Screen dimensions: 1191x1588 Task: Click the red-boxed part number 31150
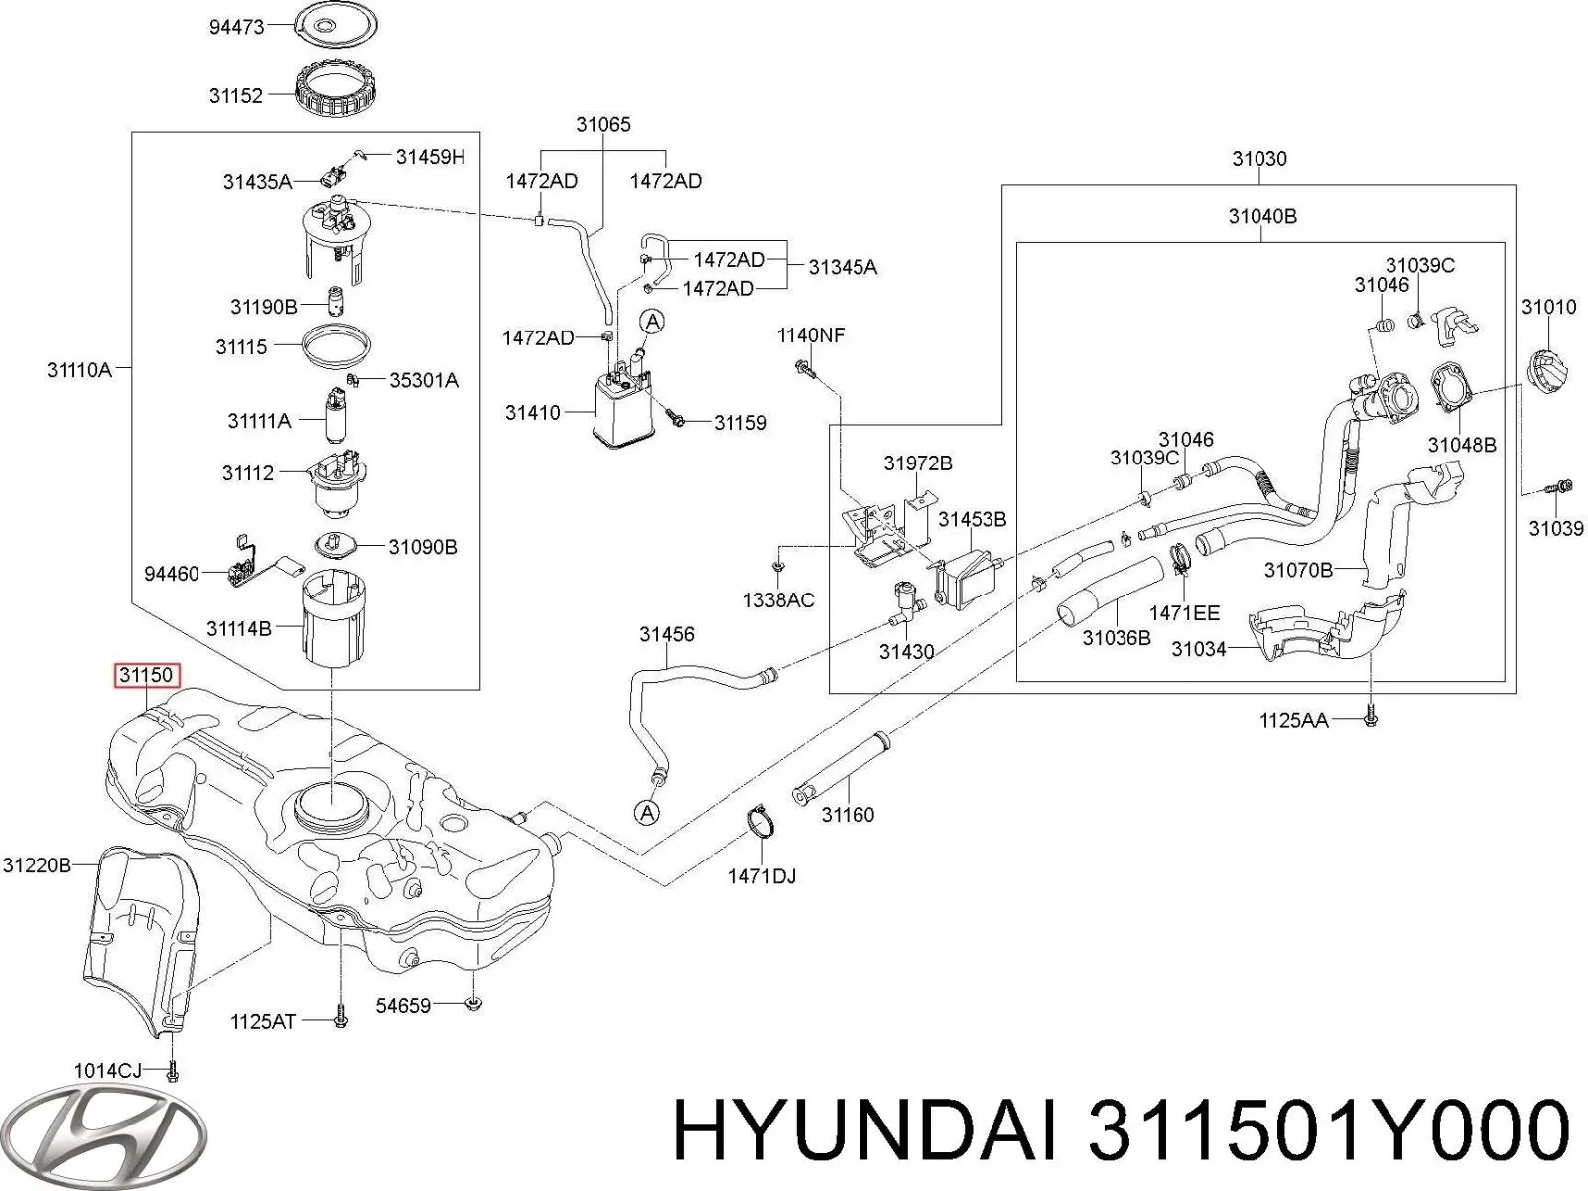tap(146, 676)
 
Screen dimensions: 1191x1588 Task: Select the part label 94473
tap(236, 27)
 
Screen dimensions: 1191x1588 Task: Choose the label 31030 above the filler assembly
tap(1259, 159)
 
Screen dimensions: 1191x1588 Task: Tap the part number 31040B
tap(1262, 216)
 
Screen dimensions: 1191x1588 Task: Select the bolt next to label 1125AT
tap(340, 1019)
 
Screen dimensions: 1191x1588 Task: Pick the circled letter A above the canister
tap(652, 321)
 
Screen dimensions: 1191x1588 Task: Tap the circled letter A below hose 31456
tap(647, 814)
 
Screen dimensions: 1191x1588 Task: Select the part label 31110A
tap(79, 370)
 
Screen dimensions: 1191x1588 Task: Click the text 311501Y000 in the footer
tap(1329, 1131)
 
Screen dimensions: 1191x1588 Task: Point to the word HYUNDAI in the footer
tap(862, 1131)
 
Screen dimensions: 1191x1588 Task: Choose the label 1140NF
tap(810, 335)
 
